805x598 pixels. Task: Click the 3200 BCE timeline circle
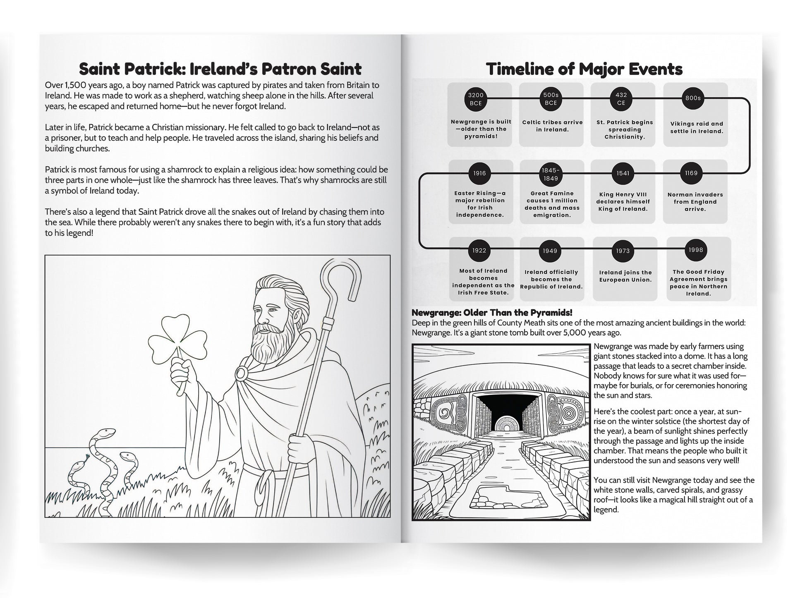[476, 99]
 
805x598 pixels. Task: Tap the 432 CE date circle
[621, 99]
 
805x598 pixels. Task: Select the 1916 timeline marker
[479, 173]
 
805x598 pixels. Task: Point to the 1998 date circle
[696, 250]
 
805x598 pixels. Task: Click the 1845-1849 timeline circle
[551, 174]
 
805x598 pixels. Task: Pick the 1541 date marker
[623, 173]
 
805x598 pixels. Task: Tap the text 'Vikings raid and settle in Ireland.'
[697, 127]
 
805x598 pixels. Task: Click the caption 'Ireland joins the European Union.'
[625, 276]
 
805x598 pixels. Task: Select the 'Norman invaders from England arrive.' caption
[695, 202]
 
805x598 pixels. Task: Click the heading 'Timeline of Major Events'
[584, 69]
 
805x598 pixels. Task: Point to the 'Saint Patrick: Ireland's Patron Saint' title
[220, 69]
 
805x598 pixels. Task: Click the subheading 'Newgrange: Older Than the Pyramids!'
[492, 313]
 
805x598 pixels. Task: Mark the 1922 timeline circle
[479, 251]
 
